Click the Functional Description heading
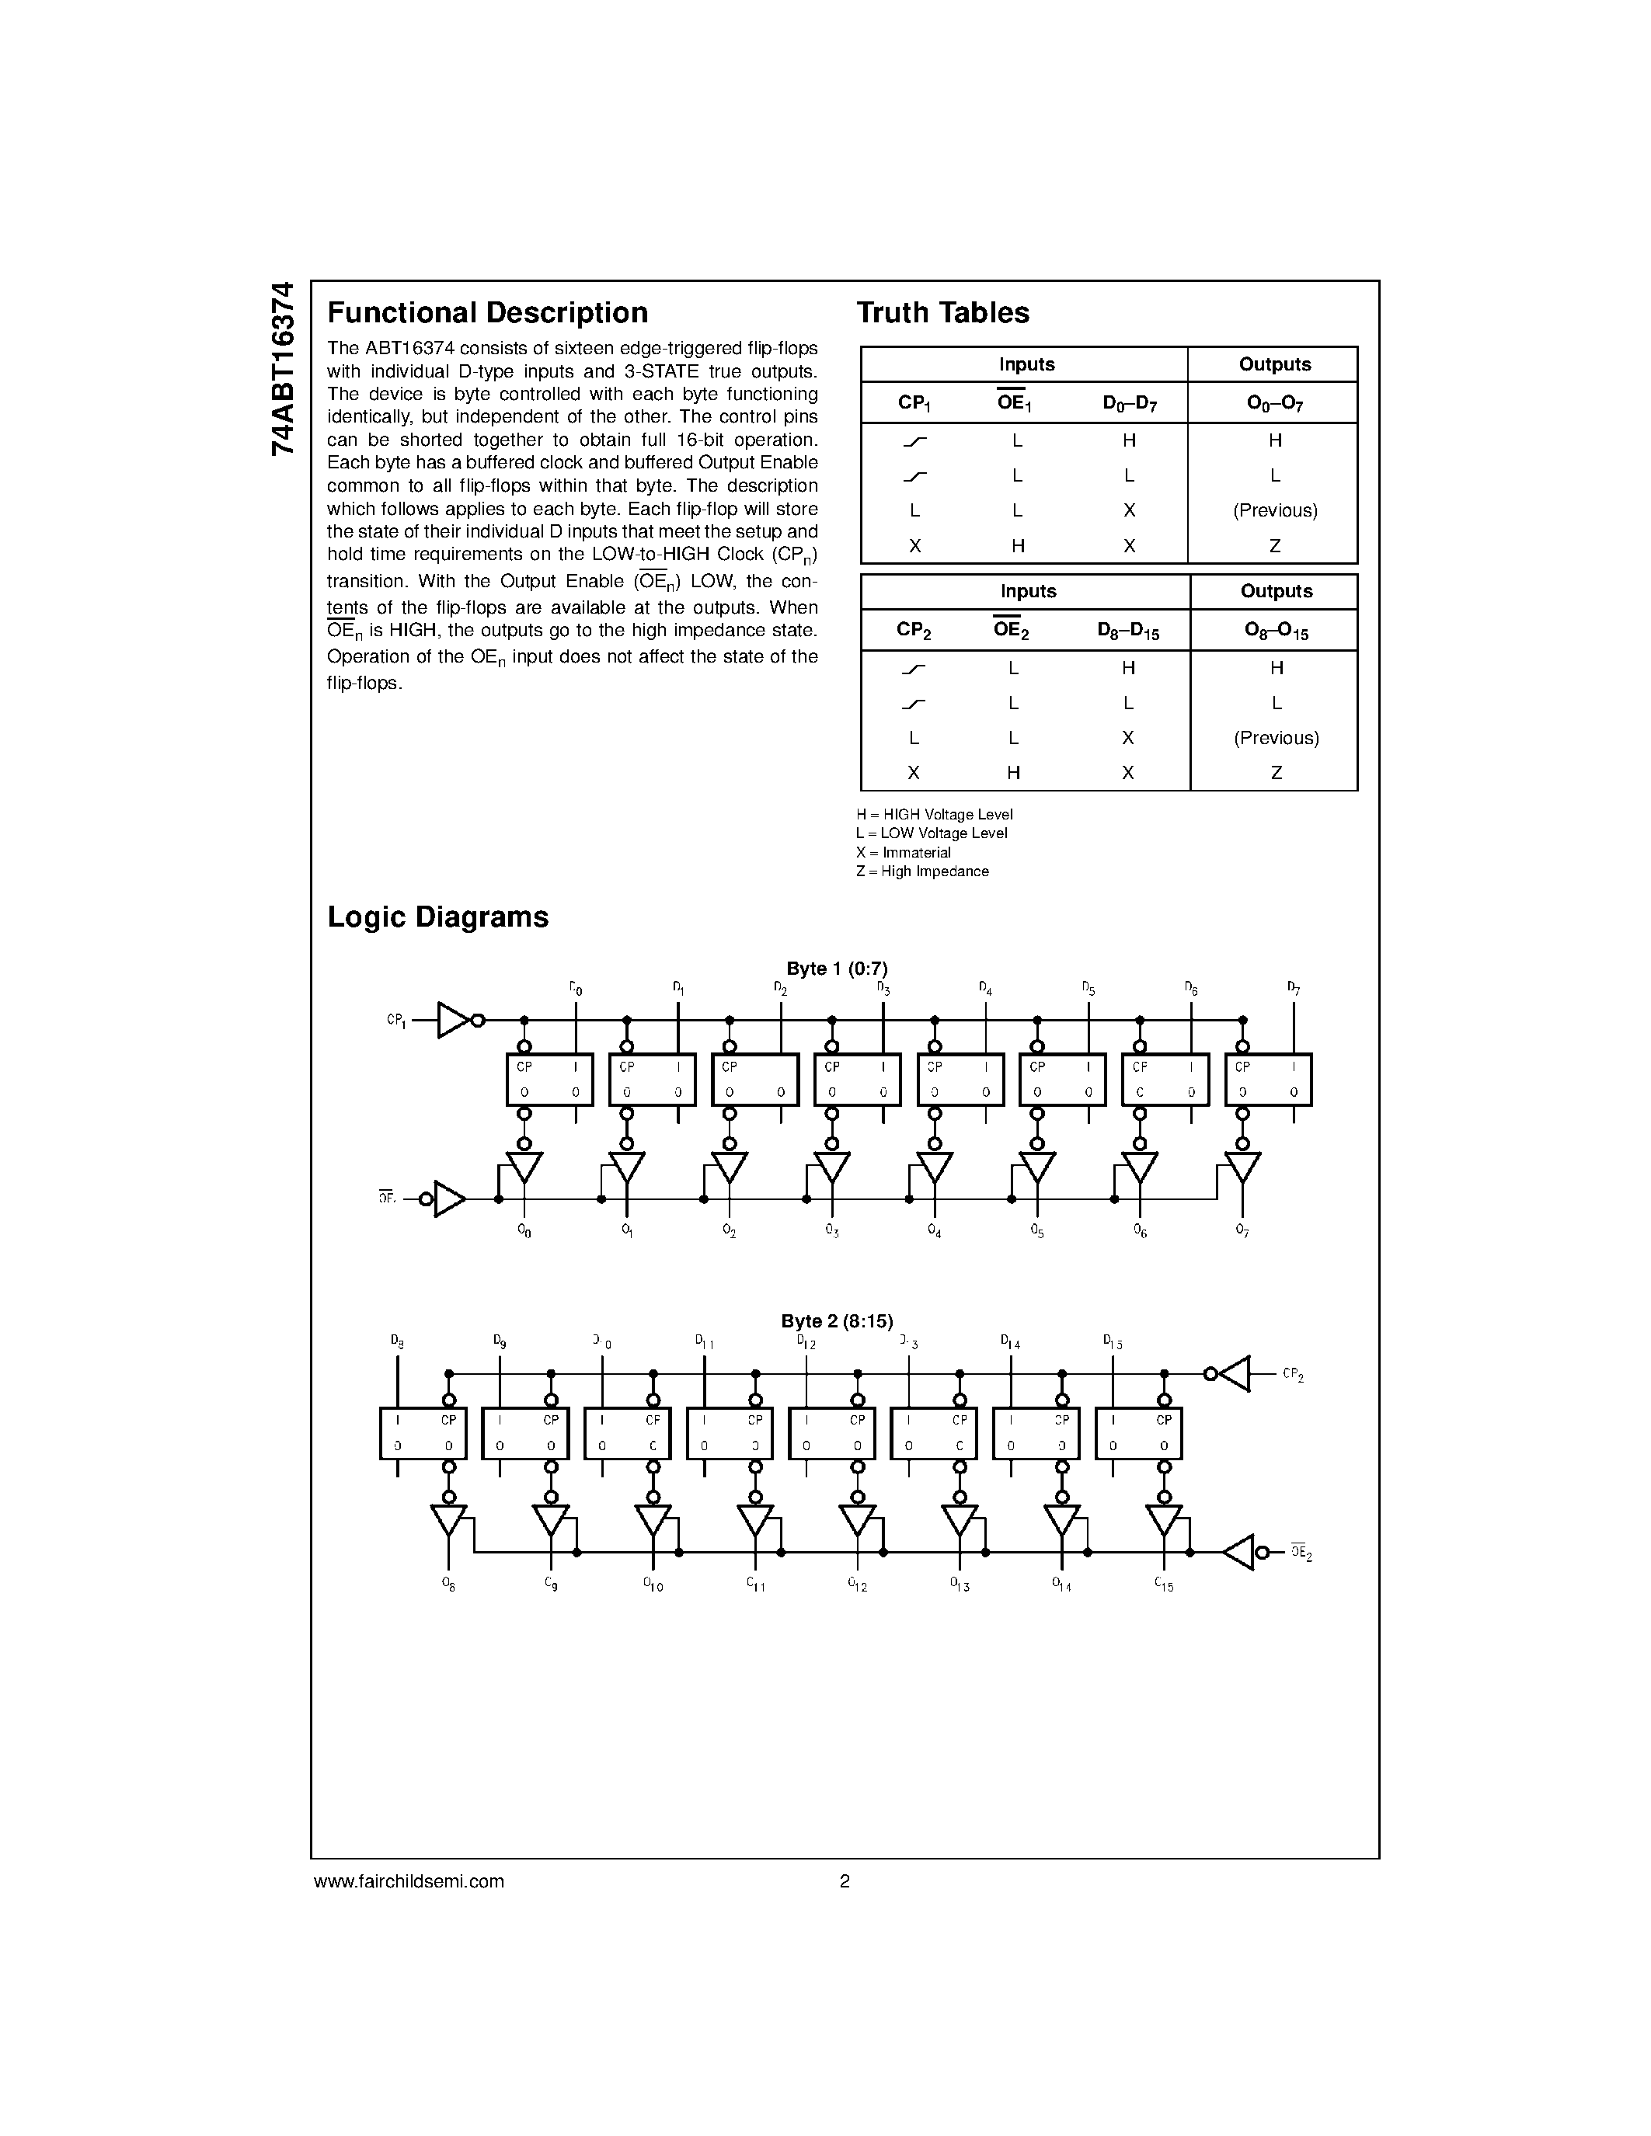click(x=487, y=313)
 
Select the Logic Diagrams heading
click(x=437, y=917)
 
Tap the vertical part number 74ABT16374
click(x=282, y=369)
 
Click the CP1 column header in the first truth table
click(x=914, y=403)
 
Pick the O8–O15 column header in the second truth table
click(x=1276, y=631)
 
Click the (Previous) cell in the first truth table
click(x=1274, y=510)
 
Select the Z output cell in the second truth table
click(x=1276, y=773)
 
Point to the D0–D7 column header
click(x=1129, y=403)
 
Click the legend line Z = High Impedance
click(x=921, y=871)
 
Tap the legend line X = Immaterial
click(x=903, y=853)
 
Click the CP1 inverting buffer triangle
click(x=453, y=1020)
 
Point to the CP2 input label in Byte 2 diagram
click(x=1292, y=1375)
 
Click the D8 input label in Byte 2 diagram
click(x=396, y=1341)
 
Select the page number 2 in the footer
click(x=844, y=1880)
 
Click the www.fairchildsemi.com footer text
click(x=409, y=1880)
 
